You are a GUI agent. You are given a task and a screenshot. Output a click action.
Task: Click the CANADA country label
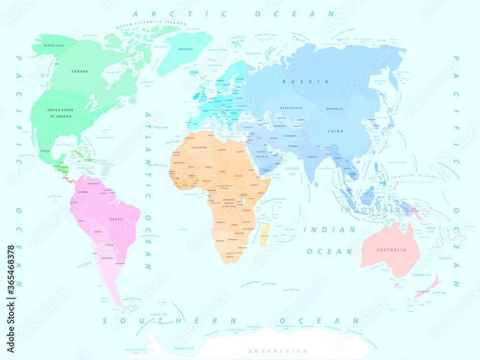click(x=80, y=72)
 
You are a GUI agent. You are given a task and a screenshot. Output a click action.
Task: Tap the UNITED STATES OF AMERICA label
click(x=60, y=113)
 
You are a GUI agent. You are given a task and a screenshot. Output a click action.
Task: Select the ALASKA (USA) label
click(x=53, y=45)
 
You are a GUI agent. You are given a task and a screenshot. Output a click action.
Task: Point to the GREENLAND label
click(x=185, y=49)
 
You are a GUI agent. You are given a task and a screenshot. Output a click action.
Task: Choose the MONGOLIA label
click(x=334, y=108)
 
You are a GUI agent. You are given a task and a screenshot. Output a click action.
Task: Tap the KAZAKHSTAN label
click(x=291, y=108)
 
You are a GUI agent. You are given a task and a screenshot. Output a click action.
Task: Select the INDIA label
click(x=312, y=157)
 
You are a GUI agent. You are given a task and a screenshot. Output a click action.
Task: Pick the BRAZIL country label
click(x=116, y=219)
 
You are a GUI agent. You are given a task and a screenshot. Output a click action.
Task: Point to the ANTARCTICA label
click(x=277, y=351)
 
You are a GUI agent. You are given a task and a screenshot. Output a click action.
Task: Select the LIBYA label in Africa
click(x=222, y=150)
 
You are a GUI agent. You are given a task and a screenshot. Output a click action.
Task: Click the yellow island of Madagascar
click(x=264, y=234)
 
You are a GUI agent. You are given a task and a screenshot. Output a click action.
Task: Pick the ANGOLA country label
click(x=221, y=222)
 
